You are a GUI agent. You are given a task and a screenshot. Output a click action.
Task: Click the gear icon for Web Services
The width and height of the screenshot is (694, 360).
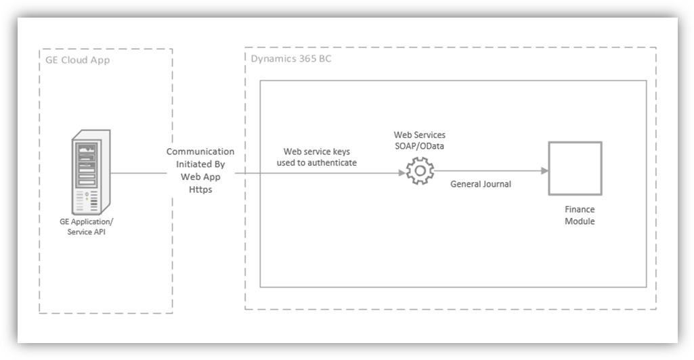point(419,171)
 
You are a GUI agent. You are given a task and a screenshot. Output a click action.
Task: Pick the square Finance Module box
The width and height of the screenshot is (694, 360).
point(575,168)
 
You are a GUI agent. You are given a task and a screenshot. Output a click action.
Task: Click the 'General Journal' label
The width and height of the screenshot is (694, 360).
point(481,183)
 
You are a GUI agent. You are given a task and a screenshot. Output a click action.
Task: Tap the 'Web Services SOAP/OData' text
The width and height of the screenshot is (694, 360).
point(420,140)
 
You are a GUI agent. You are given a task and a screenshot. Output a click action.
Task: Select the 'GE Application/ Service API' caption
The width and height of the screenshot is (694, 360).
point(87,226)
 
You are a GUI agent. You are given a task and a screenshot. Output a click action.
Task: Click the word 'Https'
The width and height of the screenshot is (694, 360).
point(200,189)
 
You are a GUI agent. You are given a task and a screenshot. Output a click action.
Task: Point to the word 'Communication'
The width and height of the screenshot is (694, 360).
point(200,151)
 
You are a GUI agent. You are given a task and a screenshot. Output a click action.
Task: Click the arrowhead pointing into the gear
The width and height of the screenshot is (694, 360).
point(402,172)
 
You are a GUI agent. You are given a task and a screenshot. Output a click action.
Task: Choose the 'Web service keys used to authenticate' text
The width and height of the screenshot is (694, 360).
point(317,157)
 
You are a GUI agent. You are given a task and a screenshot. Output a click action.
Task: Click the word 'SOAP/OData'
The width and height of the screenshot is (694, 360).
point(420,145)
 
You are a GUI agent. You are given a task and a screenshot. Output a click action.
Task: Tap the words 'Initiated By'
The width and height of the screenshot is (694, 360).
point(200,164)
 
